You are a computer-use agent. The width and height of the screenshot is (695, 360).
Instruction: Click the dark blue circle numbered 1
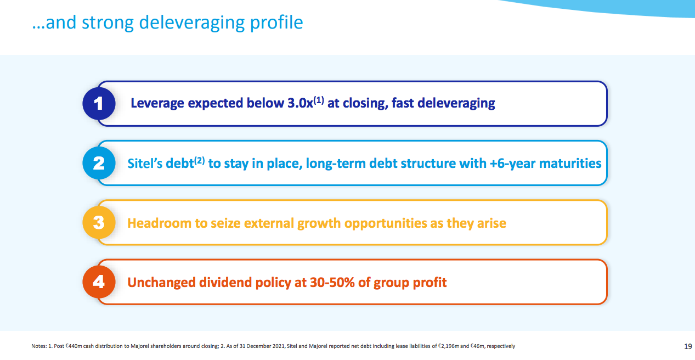pyautogui.click(x=99, y=103)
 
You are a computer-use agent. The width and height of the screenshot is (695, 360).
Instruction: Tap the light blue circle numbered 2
pyautogui.click(x=99, y=163)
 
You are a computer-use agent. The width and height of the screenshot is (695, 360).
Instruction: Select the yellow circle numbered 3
pyautogui.click(x=99, y=222)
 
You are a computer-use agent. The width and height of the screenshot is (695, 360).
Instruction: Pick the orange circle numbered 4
pyautogui.click(x=99, y=282)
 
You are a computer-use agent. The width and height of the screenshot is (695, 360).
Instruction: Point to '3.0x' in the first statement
pyautogui.click(x=300, y=103)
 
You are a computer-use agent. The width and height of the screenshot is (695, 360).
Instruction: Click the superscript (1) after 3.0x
pyautogui.click(x=319, y=100)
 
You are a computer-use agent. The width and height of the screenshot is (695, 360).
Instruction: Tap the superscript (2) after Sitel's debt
pyautogui.click(x=200, y=160)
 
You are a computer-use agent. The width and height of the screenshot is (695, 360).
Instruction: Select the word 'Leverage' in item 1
pyautogui.click(x=157, y=104)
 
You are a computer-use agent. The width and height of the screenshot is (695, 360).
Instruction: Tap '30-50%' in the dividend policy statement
pyautogui.click(x=332, y=283)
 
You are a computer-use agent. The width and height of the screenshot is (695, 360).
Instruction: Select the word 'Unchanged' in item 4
pyautogui.click(x=161, y=283)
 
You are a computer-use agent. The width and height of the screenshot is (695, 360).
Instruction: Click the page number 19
pyautogui.click(x=688, y=346)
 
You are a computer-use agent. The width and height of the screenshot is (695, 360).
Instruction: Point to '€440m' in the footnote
pyautogui.click(x=74, y=346)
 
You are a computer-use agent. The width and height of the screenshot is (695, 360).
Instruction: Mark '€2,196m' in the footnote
pyautogui.click(x=448, y=346)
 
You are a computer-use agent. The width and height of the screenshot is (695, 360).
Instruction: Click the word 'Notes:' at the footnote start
pyautogui.click(x=39, y=346)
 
